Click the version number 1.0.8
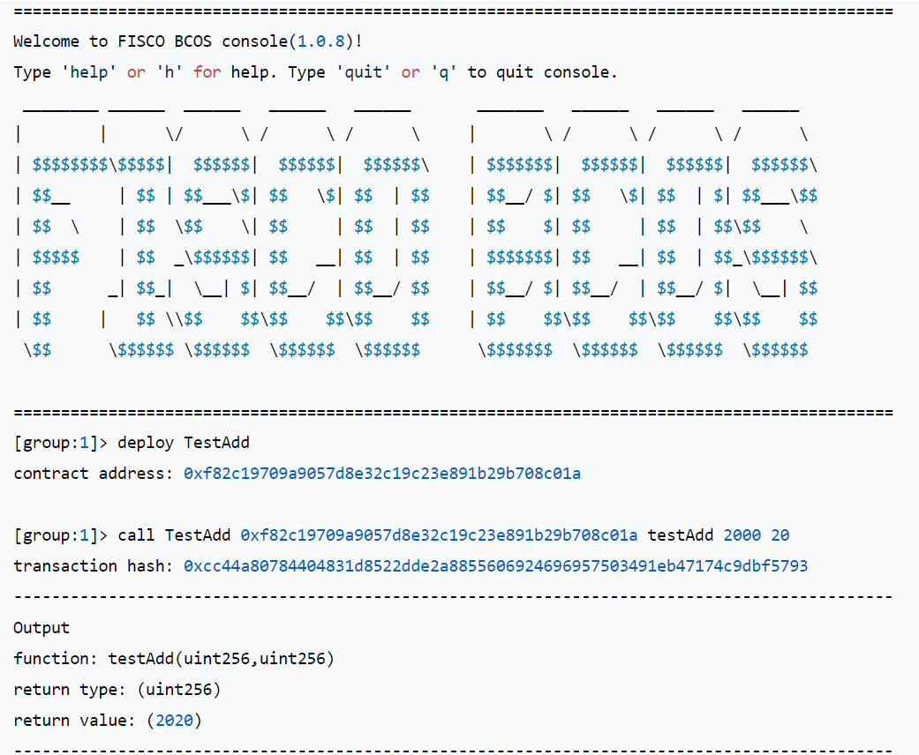(x=320, y=41)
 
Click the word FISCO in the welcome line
(x=140, y=41)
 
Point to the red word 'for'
(x=207, y=72)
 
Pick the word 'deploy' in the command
(x=146, y=443)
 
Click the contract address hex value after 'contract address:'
(x=382, y=474)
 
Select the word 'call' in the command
(x=136, y=535)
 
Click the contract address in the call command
(x=439, y=535)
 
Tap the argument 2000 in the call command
(x=742, y=535)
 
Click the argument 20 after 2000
(x=780, y=535)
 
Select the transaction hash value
(x=496, y=566)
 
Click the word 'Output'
(x=41, y=628)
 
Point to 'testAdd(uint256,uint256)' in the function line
(x=221, y=659)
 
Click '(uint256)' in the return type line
(x=178, y=690)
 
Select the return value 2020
(x=174, y=721)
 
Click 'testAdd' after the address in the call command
(x=681, y=535)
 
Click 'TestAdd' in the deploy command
(x=217, y=443)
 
